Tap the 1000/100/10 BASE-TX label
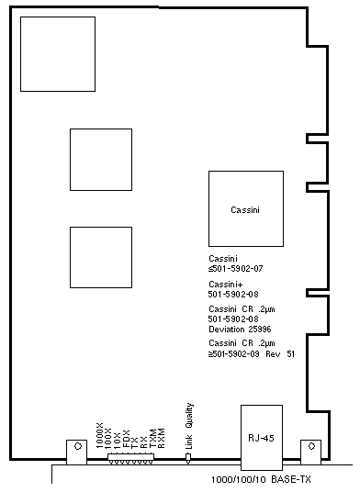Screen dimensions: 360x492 point(261,479)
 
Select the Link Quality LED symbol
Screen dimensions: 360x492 point(188,458)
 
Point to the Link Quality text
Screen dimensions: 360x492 point(189,426)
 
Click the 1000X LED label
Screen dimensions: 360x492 point(99,435)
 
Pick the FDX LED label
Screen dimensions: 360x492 point(126,439)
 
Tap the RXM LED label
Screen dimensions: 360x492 point(162,439)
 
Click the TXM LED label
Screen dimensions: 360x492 point(152,439)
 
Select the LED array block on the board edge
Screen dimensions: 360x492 point(130,457)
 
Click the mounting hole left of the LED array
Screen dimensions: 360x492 point(78,446)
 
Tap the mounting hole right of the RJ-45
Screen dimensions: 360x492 point(311,446)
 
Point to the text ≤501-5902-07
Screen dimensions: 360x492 point(235,269)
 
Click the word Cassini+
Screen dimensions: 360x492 point(226,285)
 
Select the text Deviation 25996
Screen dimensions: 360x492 point(240,330)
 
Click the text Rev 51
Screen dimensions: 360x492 point(280,354)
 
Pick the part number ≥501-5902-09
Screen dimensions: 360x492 point(234,354)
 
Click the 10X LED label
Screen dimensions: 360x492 point(117,441)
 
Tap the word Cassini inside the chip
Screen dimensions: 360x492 point(245,209)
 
